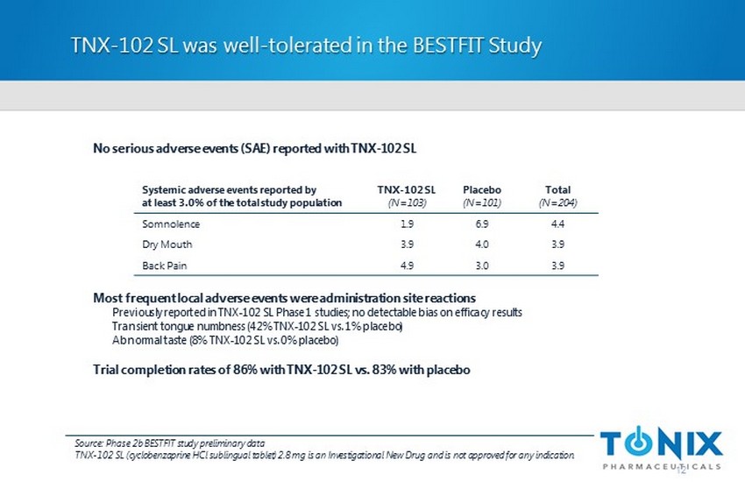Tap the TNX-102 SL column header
click(406, 189)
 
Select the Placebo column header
click(481, 189)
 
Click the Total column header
click(557, 189)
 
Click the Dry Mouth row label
click(167, 245)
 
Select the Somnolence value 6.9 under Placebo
click(481, 223)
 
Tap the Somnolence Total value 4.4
click(557, 223)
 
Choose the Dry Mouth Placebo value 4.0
click(481, 245)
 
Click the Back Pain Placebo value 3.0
click(481, 266)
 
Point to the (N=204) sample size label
click(557, 202)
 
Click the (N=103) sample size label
click(406, 202)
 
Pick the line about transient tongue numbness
click(257, 326)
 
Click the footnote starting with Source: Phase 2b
click(170, 443)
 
